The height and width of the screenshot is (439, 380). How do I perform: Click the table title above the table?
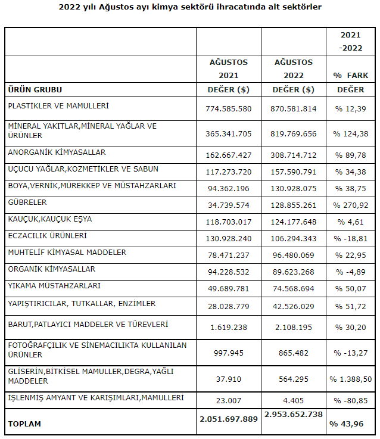(x=190, y=7)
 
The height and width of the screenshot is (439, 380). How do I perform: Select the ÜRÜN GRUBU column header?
(x=35, y=90)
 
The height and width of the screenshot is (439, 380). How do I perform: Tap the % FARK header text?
(x=351, y=76)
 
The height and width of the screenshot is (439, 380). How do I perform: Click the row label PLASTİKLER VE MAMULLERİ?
(x=58, y=106)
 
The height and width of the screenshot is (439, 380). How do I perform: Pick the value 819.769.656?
(x=293, y=134)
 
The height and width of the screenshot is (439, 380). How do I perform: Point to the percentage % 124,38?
(x=351, y=134)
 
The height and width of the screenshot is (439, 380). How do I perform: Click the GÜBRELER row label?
(x=27, y=203)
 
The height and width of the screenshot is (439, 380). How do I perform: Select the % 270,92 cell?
(x=351, y=206)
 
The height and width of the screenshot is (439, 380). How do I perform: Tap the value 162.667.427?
(x=229, y=155)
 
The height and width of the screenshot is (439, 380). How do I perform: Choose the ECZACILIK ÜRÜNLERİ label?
(x=47, y=236)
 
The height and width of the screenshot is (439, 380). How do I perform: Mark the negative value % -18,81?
(x=351, y=238)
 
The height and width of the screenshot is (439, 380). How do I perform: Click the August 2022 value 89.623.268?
(x=293, y=272)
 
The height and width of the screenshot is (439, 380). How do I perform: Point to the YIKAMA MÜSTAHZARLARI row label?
(x=54, y=286)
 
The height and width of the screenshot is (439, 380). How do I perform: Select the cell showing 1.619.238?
(x=229, y=327)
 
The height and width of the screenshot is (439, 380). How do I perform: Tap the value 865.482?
(x=293, y=353)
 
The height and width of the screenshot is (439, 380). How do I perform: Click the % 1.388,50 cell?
(x=351, y=379)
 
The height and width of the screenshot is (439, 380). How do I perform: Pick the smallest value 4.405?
(x=293, y=401)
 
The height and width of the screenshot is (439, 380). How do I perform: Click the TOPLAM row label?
(x=24, y=424)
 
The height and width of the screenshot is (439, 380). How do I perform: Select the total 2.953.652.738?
(x=293, y=415)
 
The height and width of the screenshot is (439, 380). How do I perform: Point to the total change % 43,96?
(x=347, y=424)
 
